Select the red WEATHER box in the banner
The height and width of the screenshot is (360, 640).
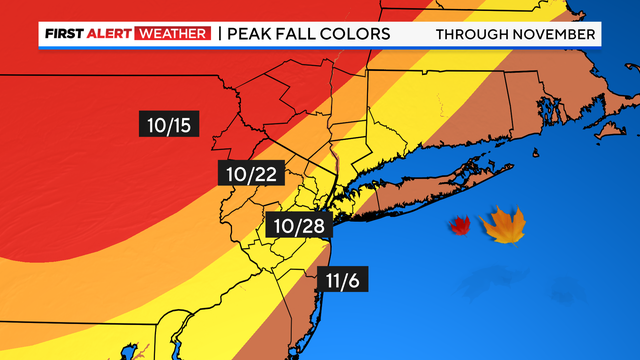pyautogui.click(x=176, y=35)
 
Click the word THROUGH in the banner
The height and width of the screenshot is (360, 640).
pyautogui.click(x=475, y=35)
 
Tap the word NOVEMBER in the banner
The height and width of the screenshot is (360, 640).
pyautogui.click(x=556, y=35)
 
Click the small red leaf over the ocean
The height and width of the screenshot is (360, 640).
pyautogui.click(x=460, y=226)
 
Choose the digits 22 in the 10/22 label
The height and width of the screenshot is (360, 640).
pyautogui.click(x=265, y=174)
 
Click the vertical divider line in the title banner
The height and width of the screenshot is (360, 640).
pyautogui.click(x=219, y=35)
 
